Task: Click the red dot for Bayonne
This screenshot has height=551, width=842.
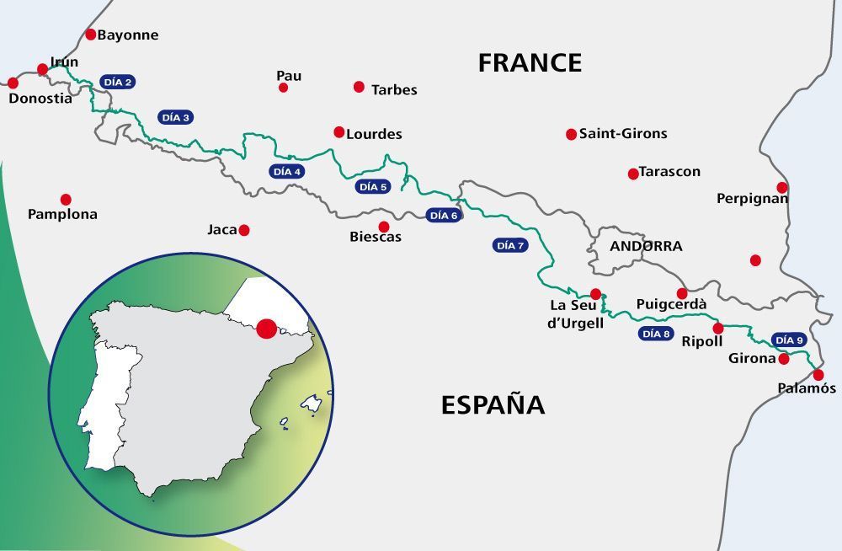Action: pos(91,35)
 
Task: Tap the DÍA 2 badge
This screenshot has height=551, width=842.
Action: pos(117,83)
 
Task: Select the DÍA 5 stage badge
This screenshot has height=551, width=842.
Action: pos(372,187)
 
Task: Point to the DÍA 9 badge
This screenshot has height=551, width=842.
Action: pos(789,340)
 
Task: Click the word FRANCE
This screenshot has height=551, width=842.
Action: pos(530,63)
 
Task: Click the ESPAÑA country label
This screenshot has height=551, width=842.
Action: pos(493,405)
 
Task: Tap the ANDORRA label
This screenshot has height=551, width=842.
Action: pos(646,247)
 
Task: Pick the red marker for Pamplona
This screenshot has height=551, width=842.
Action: pos(66,200)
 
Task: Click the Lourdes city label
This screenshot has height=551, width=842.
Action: pos(374,134)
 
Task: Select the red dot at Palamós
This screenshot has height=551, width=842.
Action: pos(818,375)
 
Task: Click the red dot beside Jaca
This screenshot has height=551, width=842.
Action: pos(244,230)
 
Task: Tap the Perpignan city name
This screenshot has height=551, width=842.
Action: pos(752,199)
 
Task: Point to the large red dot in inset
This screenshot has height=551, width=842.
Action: pos(267,329)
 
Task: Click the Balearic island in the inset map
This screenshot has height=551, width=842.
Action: pos(312,404)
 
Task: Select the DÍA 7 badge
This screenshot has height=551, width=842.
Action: pos(510,246)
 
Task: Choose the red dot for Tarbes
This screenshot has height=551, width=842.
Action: pos(359,87)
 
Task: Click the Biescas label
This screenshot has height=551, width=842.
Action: pos(376,238)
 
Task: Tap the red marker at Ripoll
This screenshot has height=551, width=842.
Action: pos(717,329)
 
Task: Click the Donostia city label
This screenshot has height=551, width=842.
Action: pos(40,98)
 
